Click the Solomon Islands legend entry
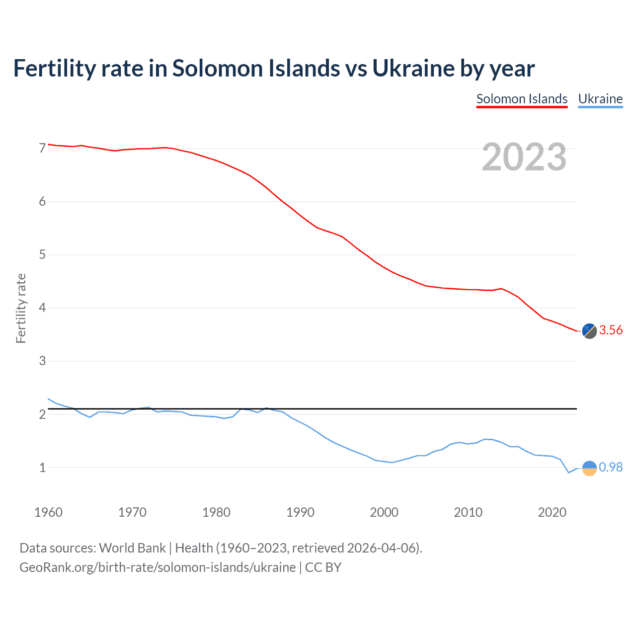click(x=522, y=99)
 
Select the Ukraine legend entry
click(x=600, y=99)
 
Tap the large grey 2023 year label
click(x=524, y=157)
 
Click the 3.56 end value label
click(x=611, y=330)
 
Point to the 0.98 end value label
click(x=611, y=468)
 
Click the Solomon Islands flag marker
click(x=589, y=331)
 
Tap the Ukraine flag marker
click(x=589, y=468)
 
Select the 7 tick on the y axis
click(x=42, y=148)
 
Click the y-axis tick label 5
click(x=42, y=255)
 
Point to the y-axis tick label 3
click(x=42, y=361)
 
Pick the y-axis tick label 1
click(x=42, y=468)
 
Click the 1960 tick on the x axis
click(x=48, y=512)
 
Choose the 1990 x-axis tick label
click(x=300, y=512)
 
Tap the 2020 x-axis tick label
click(x=552, y=512)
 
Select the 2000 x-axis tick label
click(x=384, y=512)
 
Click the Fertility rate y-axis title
click(x=21, y=308)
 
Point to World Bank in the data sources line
click(x=132, y=548)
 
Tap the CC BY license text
click(x=323, y=567)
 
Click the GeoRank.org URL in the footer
click(x=158, y=567)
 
